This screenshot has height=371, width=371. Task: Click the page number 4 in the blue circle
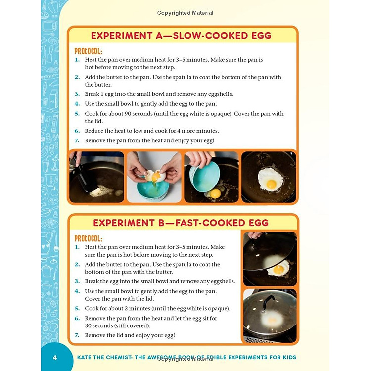coord(55,357)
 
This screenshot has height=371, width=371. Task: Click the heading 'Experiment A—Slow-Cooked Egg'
coord(181,36)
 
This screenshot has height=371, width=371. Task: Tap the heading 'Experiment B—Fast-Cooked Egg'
coord(181,222)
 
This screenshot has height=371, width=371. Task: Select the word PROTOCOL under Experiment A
coord(89,51)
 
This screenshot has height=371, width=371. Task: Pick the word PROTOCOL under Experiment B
coord(89,238)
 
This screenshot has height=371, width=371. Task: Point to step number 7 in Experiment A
coord(77,141)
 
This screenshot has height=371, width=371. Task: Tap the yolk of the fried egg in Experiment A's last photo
coord(271,184)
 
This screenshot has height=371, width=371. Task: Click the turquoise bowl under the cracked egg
coord(155,190)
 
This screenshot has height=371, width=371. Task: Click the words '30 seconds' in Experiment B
coord(101,326)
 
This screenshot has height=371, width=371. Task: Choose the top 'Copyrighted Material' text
coord(185,13)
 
